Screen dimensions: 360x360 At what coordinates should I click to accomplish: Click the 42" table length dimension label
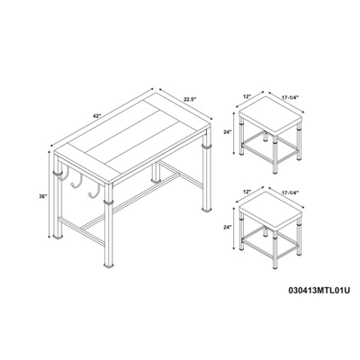click(x=95, y=117)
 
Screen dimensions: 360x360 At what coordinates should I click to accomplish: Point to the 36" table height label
click(x=43, y=196)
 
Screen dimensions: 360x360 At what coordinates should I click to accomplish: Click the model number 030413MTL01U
click(x=319, y=291)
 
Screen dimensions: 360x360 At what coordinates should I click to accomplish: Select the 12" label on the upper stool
click(x=247, y=97)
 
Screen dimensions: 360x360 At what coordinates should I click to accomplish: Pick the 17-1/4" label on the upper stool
click(x=291, y=97)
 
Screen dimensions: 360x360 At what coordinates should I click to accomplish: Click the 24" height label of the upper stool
click(x=229, y=131)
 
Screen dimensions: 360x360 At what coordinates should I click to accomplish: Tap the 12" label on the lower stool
click(x=247, y=192)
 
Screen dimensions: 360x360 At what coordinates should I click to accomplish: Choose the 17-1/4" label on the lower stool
click(x=291, y=192)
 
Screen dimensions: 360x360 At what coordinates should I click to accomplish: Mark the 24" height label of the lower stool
click(x=229, y=227)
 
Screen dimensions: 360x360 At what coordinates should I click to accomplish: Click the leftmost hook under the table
click(x=67, y=175)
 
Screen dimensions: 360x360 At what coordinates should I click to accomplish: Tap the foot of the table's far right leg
click(x=206, y=211)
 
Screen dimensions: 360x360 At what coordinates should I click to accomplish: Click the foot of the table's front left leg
click(x=58, y=237)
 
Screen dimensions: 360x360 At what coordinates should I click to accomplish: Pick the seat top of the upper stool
click(x=269, y=114)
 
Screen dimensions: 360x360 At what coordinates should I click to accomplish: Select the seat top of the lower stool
click(x=269, y=209)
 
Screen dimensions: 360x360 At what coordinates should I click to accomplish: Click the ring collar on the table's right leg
click(x=206, y=147)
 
